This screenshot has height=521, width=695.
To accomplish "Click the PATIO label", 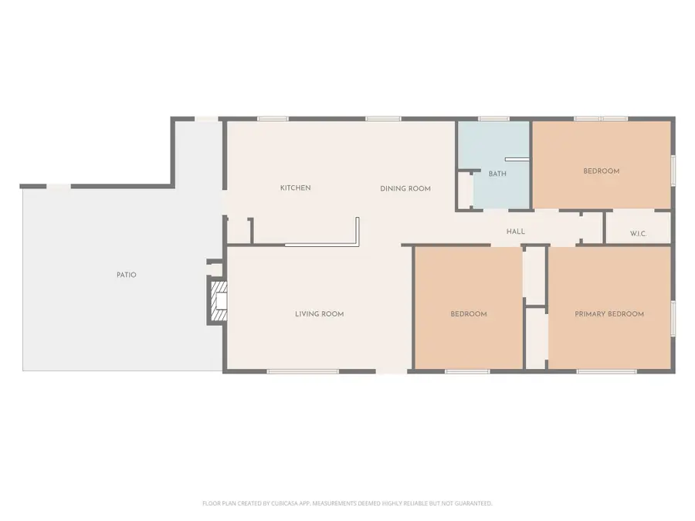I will (126, 275).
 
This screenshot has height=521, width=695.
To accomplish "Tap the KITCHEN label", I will (295, 188).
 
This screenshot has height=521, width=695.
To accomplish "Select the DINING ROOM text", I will (405, 189).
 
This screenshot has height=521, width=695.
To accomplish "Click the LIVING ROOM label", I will (319, 314).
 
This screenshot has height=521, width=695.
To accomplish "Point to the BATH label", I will (497, 174).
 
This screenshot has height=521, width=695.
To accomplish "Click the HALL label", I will (515, 232).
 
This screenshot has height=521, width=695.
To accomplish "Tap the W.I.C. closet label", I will (638, 234).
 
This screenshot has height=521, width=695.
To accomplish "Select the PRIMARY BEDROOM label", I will (609, 314).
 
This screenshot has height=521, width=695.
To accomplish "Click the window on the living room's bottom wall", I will (303, 371).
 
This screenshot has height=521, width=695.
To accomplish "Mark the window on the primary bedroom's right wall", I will (673, 318).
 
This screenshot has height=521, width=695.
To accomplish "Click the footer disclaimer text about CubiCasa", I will (347, 503).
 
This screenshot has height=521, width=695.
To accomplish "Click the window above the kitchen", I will (273, 119).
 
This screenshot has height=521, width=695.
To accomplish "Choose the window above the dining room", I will (383, 119).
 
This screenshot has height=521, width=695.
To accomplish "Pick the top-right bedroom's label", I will (601, 171).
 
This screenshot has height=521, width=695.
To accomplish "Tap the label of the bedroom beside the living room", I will (469, 314).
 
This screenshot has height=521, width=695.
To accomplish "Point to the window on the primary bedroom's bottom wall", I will (606, 371).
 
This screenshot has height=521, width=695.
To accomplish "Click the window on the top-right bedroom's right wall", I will (673, 170).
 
